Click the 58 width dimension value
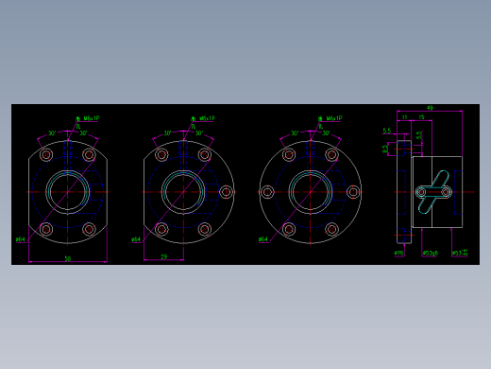(x=68, y=258)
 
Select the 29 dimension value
(x=164, y=256)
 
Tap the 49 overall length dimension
(x=430, y=108)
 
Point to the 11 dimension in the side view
(x=405, y=117)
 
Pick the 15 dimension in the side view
(x=421, y=117)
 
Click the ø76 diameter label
(x=398, y=254)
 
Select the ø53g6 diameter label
(x=430, y=254)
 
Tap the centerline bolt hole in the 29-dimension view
(x=226, y=192)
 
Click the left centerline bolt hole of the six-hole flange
(x=267, y=192)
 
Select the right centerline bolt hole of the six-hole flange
(x=353, y=192)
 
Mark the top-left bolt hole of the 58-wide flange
(x=46, y=155)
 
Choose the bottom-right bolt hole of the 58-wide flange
(x=90, y=229)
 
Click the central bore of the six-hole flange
(x=310, y=192)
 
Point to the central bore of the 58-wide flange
(x=68, y=192)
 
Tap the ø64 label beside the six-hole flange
(x=262, y=240)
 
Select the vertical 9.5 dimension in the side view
(x=385, y=149)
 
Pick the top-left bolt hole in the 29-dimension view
(x=161, y=155)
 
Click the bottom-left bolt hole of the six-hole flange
(x=289, y=229)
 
